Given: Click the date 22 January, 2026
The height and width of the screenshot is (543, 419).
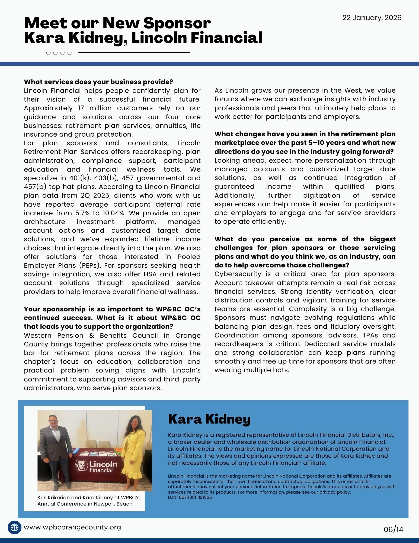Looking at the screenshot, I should pos(372,18).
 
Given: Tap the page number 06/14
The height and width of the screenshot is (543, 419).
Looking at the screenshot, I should pos(393,529).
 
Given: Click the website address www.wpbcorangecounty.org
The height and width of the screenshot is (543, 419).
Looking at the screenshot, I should pos(72,527).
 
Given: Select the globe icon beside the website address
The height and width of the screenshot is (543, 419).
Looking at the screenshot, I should pos(14,528).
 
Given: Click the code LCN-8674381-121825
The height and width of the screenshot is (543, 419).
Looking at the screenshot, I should pos(190,497).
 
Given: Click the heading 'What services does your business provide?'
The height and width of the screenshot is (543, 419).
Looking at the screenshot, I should pos(98,82).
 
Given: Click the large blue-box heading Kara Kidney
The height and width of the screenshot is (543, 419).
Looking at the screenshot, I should pos(209,419).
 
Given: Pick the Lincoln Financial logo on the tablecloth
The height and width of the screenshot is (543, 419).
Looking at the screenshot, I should pos(97,466).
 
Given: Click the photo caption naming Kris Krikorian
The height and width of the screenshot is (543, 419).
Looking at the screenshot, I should pos(88,501).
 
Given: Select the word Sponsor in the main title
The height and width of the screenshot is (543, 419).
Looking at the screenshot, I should pos(177,23).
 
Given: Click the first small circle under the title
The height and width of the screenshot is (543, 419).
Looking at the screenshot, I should pos(49,53).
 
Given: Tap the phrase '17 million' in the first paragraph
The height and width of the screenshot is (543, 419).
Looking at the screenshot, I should pos(95,108).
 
